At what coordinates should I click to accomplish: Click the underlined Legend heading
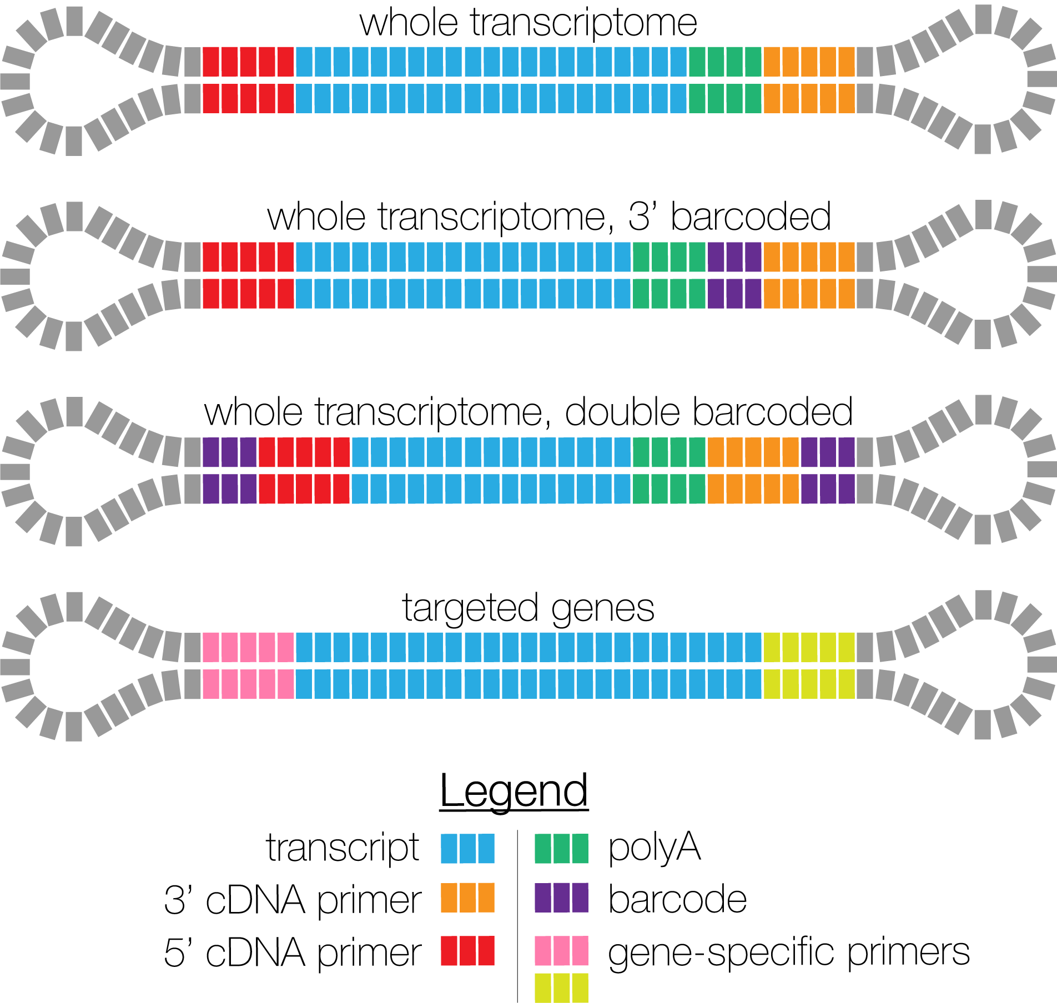point(514,790)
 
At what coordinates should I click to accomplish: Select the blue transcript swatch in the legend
point(467,848)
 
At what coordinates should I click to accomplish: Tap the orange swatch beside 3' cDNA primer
point(467,898)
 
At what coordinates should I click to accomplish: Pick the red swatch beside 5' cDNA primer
point(467,950)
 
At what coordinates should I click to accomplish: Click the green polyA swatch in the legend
point(561,848)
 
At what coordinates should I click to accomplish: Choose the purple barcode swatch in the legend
point(561,898)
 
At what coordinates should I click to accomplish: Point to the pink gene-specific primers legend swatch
point(561,950)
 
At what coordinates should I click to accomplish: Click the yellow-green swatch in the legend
point(561,988)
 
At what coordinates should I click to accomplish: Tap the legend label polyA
point(654,849)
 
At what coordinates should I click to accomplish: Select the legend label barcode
point(677,899)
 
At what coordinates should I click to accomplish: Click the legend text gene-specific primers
point(788,952)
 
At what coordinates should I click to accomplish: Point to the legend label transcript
point(343,849)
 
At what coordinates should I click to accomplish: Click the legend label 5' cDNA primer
point(293,952)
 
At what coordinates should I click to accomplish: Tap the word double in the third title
point(622,412)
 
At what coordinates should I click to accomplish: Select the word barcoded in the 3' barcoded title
point(751,216)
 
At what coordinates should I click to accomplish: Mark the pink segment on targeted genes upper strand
point(248,647)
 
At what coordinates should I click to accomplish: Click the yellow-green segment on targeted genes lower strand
point(809,684)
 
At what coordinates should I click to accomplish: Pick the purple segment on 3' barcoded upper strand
point(734,257)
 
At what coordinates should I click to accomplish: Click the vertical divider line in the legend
point(517,916)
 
